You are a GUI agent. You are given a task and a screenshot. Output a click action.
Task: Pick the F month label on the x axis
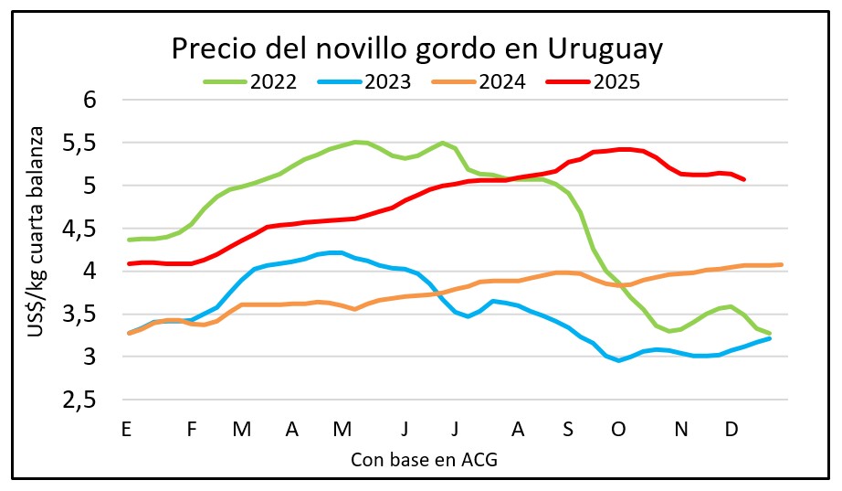point(192,428)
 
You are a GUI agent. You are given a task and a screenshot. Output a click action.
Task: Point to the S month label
point(568,428)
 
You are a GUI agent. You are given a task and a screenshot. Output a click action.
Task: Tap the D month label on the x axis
point(731,428)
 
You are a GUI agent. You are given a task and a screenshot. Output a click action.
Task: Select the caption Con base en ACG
point(424,459)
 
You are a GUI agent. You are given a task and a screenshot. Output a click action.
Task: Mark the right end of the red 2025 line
point(744,179)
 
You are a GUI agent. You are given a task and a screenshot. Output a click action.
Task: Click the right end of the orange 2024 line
point(781,264)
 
